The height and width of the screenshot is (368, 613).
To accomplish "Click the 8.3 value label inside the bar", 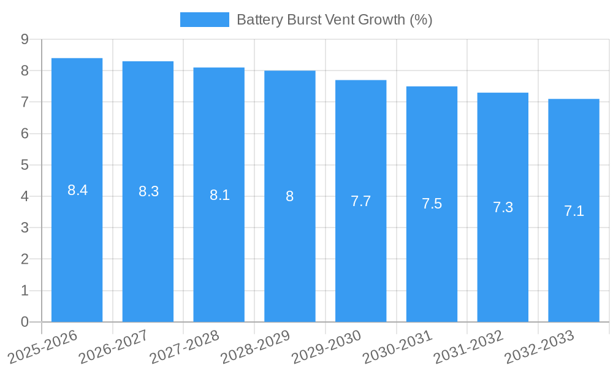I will pyautogui.click(x=148, y=191).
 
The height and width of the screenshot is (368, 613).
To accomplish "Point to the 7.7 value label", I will pyautogui.click(x=360, y=201).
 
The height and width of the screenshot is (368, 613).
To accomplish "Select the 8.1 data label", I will pyautogui.click(x=219, y=195).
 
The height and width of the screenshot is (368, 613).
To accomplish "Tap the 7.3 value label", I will pyautogui.click(x=503, y=207).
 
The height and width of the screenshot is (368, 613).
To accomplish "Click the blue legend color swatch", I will pyautogui.click(x=204, y=20).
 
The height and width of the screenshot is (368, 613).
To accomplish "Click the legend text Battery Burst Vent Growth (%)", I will pyautogui.click(x=334, y=20).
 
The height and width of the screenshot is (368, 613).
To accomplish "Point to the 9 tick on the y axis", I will pyautogui.click(x=25, y=39).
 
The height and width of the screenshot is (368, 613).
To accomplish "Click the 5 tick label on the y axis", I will pyautogui.click(x=25, y=165).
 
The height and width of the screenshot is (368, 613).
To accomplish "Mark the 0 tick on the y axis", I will pyautogui.click(x=25, y=322).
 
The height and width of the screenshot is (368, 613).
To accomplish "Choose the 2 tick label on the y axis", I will pyautogui.click(x=25, y=259).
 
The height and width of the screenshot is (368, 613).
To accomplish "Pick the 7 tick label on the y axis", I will pyautogui.click(x=25, y=102).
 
